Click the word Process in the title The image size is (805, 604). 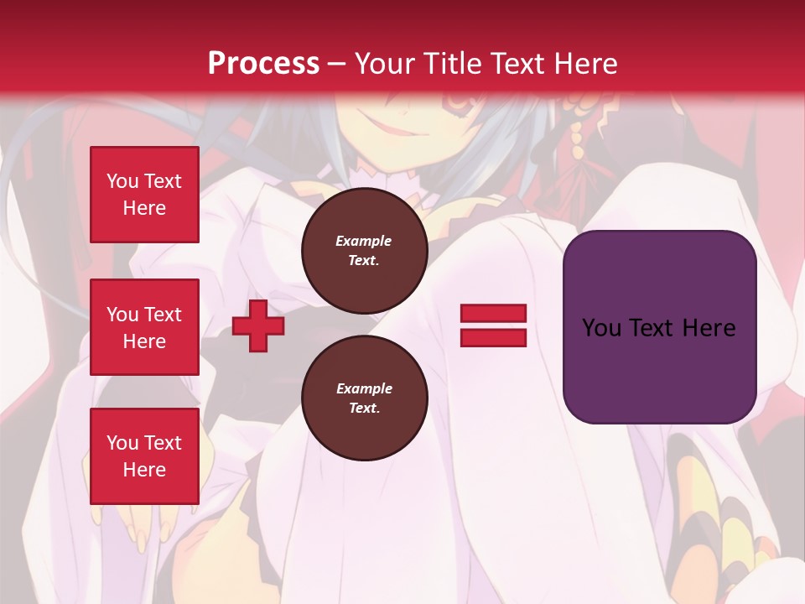263,64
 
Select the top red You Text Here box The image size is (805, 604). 144,195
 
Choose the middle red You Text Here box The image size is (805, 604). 144,327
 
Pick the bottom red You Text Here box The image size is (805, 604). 144,456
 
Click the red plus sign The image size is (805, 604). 258,325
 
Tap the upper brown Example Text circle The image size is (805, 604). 364,250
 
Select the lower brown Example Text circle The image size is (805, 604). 364,398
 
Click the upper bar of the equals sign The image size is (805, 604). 493,314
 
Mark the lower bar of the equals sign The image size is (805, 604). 493,337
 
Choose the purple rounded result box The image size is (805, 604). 659,326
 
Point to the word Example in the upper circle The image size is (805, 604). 364,241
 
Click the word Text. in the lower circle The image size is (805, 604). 364,409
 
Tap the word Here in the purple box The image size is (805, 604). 709,328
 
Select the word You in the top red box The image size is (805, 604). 122,181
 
